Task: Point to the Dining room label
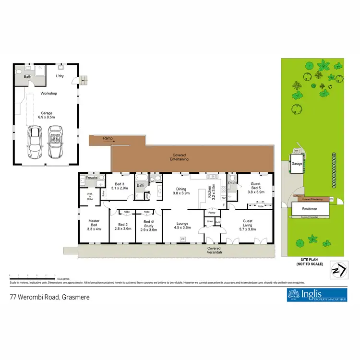[x=181, y=191]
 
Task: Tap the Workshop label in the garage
[x=49, y=93]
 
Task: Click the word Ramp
[x=108, y=138]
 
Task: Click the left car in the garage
[x=35, y=142]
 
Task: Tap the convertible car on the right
[x=56, y=142]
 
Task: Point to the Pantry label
[x=211, y=212]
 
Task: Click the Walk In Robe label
[x=90, y=196]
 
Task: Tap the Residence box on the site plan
[x=310, y=209]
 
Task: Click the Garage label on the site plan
[x=297, y=164]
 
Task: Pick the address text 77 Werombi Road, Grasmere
[x=49, y=297]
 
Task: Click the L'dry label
[x=60, y=76]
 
